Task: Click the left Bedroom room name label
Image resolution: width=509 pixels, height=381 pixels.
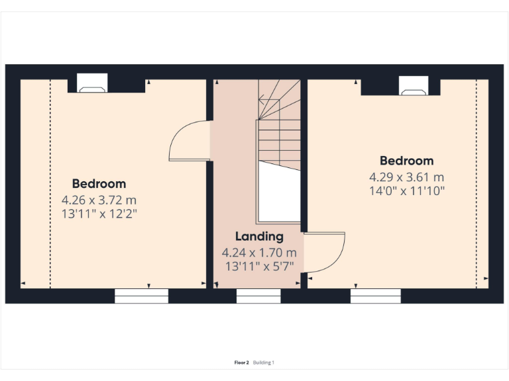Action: pos(99,184)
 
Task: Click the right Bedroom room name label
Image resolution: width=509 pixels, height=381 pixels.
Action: pos(406,161)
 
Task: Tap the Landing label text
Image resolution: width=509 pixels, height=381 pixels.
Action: pos(259,236)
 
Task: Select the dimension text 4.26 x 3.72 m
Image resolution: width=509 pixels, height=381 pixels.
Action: pos(99,199)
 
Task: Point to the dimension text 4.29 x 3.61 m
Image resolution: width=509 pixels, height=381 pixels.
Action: pos(406,177)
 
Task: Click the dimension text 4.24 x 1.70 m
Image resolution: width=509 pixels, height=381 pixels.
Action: pos(259,252)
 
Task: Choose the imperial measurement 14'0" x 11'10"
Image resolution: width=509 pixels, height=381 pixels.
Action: pos(406,190)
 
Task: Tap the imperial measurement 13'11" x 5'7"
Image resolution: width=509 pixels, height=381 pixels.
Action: pos(259,266)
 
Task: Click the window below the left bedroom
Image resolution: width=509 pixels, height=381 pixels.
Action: pos(141,296)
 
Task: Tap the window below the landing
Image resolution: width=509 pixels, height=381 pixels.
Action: pos(258,296)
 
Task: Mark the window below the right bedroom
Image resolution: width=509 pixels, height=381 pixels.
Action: pos(376,296)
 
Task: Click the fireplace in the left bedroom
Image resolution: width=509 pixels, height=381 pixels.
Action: pos(91,83)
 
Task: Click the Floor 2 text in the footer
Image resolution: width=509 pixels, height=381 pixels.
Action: pos(242,362)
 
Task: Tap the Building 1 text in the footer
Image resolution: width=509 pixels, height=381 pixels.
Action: pos(264,362)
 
